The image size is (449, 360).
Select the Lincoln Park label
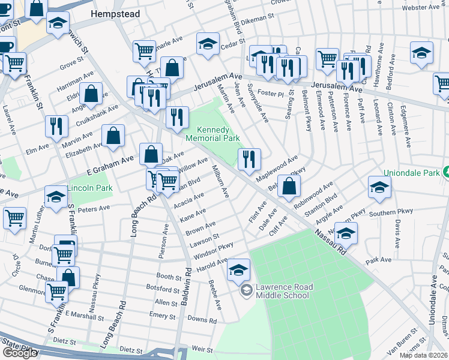[90, 188]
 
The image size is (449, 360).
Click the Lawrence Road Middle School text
[283, 291]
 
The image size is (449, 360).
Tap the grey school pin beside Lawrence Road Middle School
[246, 291]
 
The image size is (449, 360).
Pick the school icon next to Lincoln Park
[56, 197]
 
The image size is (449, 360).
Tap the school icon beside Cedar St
[208, 44]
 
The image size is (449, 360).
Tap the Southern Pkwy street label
[391, 213]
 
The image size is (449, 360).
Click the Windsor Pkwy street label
[213, 250]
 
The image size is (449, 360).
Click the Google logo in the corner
[19, 353]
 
